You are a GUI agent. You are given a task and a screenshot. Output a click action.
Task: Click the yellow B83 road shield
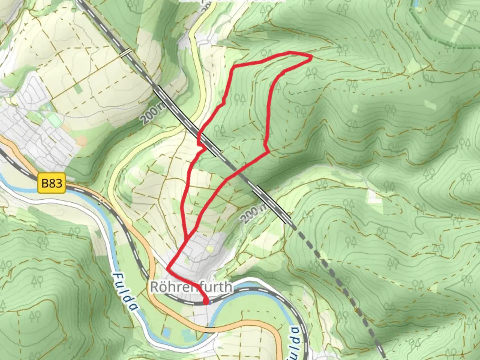(52, 183)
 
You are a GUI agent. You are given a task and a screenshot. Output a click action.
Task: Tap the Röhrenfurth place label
(191, 287)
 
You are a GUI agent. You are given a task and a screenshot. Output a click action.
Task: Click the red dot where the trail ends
(206, 302)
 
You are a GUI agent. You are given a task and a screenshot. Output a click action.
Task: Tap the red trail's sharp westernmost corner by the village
(167, 268)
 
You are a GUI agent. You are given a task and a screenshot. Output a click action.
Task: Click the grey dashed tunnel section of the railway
(337, 283)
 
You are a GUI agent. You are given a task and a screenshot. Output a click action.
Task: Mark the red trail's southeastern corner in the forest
(268, 152)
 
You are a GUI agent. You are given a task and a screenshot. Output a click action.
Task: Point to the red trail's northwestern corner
(234, 67)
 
